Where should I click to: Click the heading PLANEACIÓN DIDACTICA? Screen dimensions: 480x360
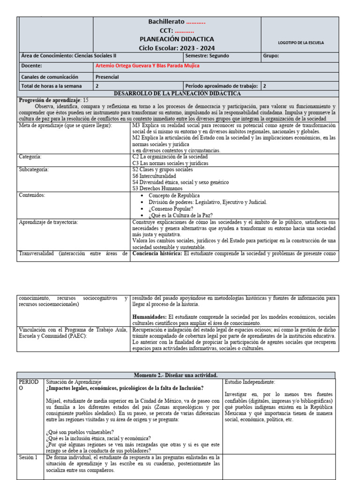[x=177, y=39]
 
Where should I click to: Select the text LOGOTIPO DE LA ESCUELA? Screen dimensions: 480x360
[x=300, y=43]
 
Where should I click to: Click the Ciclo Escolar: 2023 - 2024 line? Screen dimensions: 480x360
[x=177, y=48]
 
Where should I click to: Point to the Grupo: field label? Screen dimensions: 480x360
[x=271, y=56]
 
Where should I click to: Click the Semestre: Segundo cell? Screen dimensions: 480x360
[x=207, y=56]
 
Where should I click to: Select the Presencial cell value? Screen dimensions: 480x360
[x=107, y=77]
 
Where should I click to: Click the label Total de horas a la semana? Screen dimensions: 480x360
[x=52, y=86]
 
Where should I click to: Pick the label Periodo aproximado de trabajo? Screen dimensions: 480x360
[x=222, y=86]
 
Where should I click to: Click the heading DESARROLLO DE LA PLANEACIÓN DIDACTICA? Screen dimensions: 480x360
[x=177, y=93]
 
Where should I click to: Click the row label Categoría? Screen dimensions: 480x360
[x=30, y=157]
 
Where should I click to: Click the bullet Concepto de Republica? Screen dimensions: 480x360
[x=174, y=195]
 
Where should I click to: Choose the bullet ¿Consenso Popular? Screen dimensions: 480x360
[x=170, y=209]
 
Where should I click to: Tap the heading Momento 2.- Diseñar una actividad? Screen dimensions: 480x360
[x=176, y=375]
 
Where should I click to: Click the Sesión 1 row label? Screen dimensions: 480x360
[x=28, y=457]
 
